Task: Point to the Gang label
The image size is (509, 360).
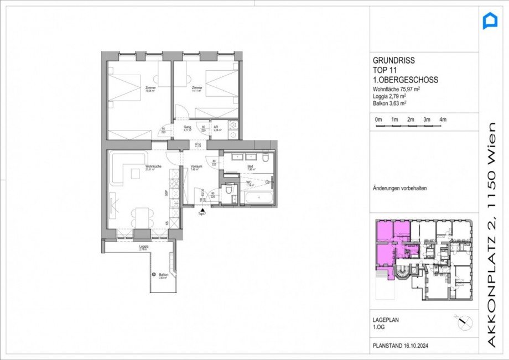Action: [x=188, y=127]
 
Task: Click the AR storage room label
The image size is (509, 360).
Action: [x=217, y=127]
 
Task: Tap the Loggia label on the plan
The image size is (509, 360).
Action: [x=144, y=247]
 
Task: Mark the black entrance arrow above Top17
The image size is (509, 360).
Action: [x=204, y=210]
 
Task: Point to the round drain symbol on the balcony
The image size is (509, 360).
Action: [x=154, y=274]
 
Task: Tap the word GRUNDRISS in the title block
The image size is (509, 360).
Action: [x=393, y=61]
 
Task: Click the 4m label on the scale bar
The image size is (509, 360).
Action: [x=443, y=119]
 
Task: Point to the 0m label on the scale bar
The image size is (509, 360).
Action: [x=378, y=119]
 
